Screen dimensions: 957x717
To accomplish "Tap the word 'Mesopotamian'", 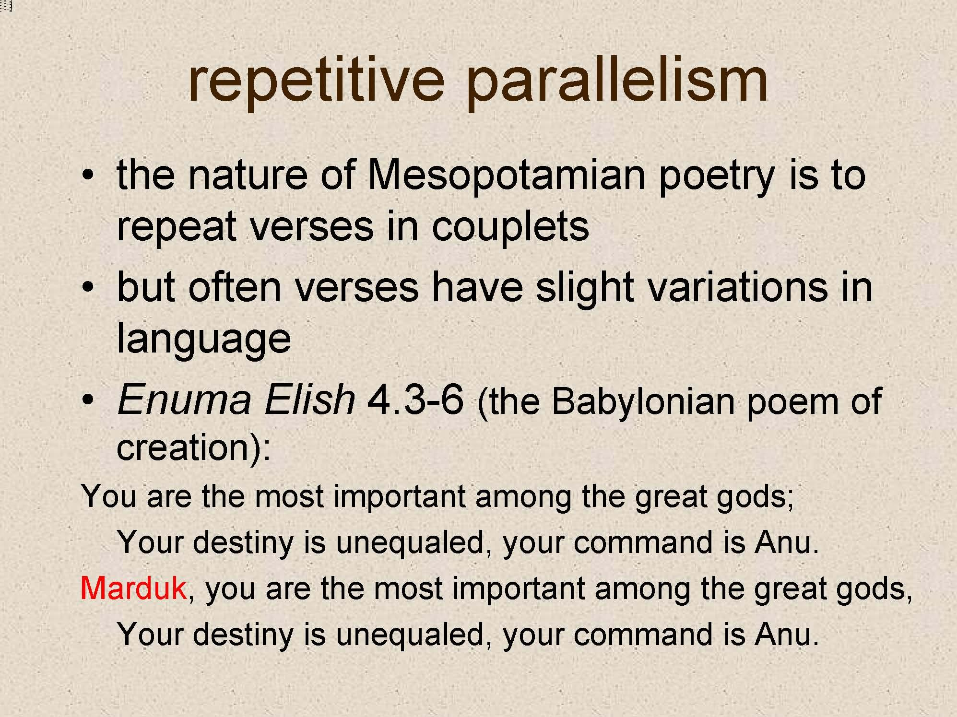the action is pyautogui.click(x=506, y=175).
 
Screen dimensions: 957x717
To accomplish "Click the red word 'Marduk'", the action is pyautogui.click(x=133, y=588).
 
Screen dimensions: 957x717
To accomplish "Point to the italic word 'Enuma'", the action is pyautogui.click(x=184, y=399).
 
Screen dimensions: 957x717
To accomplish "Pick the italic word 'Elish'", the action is pyautogui.click(x=309, y=399).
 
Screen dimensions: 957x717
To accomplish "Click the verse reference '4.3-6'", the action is pyautogui.click(x=415, y=399).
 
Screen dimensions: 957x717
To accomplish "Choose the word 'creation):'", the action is pyautogui.click(x=194, y=447).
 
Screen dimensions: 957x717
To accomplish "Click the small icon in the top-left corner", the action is pyautogui.click(x=6, y=6).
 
